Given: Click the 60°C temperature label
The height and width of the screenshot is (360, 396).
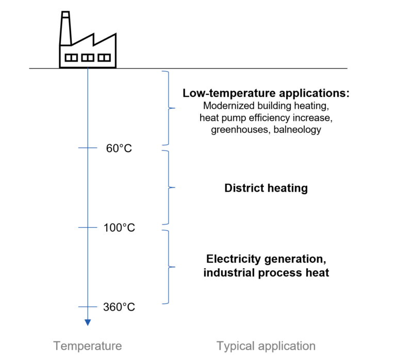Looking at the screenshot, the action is pyautogui.click(x=119, y=148).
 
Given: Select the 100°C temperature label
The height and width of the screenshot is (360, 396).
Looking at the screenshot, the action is pyautogui.click(x=119, y=228).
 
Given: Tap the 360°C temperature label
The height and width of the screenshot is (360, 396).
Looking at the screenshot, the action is pyautogui.click(x=119, y=307).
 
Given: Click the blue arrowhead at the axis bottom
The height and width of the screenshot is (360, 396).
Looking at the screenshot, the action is pyautogui.click(x=88, y=322).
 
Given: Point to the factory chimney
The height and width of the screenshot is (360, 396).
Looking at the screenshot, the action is pyautogui.click(x=65, y=28).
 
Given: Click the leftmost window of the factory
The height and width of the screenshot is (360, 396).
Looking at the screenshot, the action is pyautogui.click(x=71, y=58).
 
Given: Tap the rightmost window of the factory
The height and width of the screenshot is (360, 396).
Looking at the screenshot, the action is pyautogui.click(x=104, y=58).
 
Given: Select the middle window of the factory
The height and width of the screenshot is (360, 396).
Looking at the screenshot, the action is pyautogui.click(x=88, y=58).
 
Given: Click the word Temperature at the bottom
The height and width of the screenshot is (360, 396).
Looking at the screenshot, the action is pyautogui.click(x=88, y=346).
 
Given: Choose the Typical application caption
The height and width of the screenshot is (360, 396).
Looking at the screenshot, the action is pyautogui.click(x=266, y=346).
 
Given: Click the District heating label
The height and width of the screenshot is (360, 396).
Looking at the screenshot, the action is pyautogui.click(x=266, y=188).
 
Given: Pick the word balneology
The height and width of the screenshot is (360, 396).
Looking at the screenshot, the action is pyautogui.click(x=297, y=129).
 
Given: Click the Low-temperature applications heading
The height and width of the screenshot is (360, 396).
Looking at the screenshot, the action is pyautogui.click(x=266, y=93).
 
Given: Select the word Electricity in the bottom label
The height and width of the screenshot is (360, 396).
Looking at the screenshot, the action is pyautogui.click(x=234, y=259).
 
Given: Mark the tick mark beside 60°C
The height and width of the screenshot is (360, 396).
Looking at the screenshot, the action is pyautogui.click(x=88, y=148).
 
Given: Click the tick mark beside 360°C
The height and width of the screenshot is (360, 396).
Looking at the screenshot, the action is pyautogui.click(x=88, y=307).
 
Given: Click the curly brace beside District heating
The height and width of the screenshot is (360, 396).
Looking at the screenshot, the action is pyautogui.click(x=169, y=187).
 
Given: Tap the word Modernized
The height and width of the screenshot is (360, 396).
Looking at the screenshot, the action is pyautogui.click(x=229, y=106).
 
